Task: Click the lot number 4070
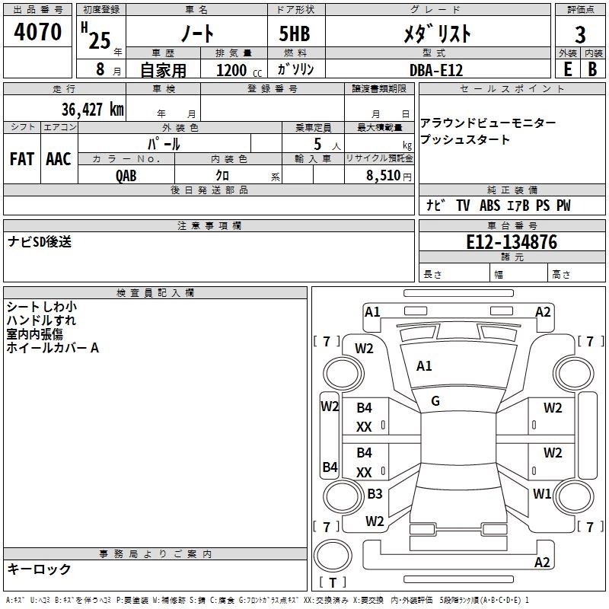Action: pyautogui.click(x=37, y=32)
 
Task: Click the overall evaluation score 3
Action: pyautogui.click(x=580, y=34)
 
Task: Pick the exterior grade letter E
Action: pyautogui.click(x=567, y=69)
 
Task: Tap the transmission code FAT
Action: pyautogui.click(x=21, y=158)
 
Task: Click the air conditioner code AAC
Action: pyautogui.click(x=59, y=158)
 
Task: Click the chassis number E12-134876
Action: pyautogui.click(x=511, y=242)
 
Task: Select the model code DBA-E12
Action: pyautogui.click(x=435, y=70)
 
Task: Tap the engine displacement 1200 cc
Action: pyautogui.click(x=238, y=70)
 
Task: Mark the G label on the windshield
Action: pyautogui.click(x=435, y=401)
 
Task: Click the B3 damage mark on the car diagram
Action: pyautogui.click(x=375, y=494)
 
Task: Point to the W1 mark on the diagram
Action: pyautogui.click(x=542, y=493)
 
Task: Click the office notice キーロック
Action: pyautogui.click(x=39, y=569)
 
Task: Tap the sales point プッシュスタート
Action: pyautogui.click(x=465, y=139)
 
